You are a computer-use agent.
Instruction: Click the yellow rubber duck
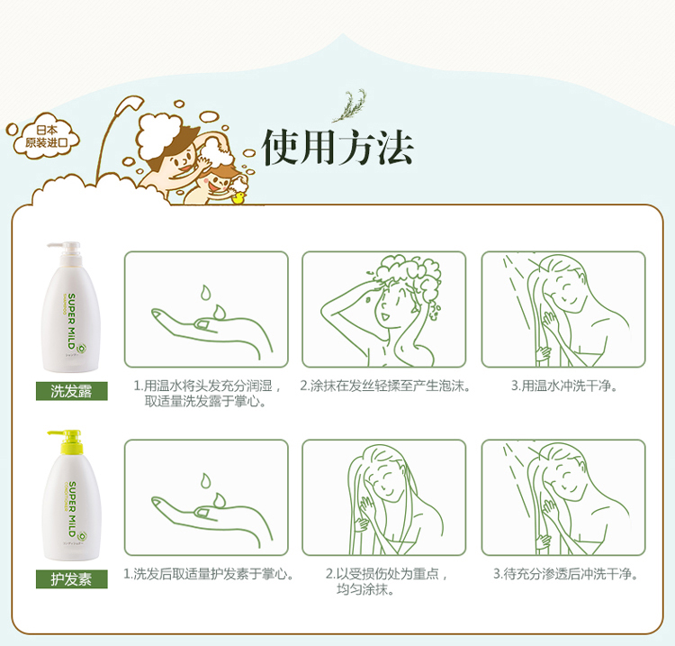click(x=238, y=197)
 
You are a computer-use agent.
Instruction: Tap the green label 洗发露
click(x=71, y=391)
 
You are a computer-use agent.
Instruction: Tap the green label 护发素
click(x=71, y=578)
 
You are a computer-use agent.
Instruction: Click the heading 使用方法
click(x=337, y=148)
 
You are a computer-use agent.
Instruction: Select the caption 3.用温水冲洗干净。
click(x=564, y=386)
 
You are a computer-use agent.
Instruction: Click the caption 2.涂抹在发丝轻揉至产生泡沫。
click(x=384, y=386)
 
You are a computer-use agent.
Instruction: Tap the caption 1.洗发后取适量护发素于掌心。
click(x=209, y=574)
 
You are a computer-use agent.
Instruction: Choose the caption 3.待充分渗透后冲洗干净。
click(x=565, y=574)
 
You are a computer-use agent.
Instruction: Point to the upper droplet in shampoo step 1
click(x=205, y=292)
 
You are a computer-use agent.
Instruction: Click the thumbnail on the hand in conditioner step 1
click(x=202, y=512)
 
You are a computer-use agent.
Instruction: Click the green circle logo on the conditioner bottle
click(x=81, y=536)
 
